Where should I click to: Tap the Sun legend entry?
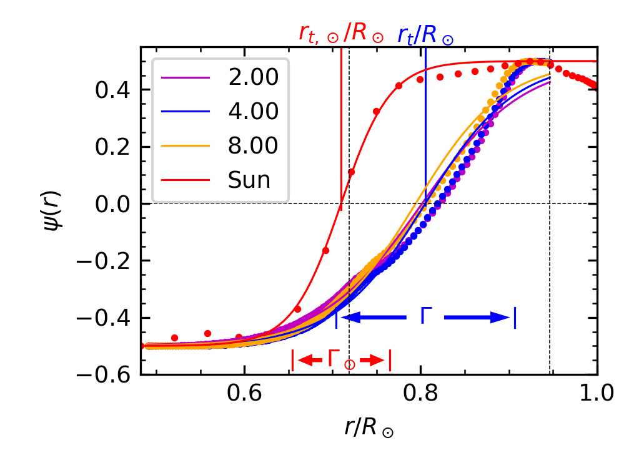(249, 180)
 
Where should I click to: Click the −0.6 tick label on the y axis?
(104, 376)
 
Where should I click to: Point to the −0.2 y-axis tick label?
(104, 261)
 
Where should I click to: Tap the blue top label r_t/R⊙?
(426, 35)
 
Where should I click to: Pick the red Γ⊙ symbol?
(341, 359)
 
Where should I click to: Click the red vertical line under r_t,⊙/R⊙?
(341, 125)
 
